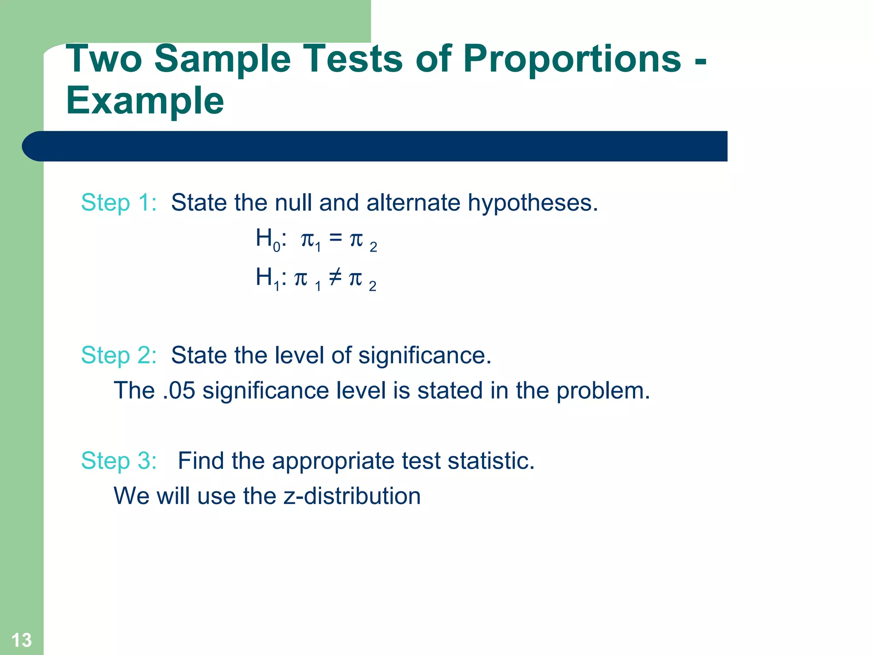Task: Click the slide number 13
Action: click(21, 640)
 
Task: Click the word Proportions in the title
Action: click(572, 60)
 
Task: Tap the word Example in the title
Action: click(145, 101)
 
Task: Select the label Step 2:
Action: click(119, 355)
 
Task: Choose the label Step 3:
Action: click(119, 461)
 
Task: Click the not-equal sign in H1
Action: click(335, 277)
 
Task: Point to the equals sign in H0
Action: click(335, 238)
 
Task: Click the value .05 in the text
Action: click(179, 391)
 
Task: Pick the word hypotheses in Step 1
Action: click(533, 203)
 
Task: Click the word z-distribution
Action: click(352, 496)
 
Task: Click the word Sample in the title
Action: click(222, 60)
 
